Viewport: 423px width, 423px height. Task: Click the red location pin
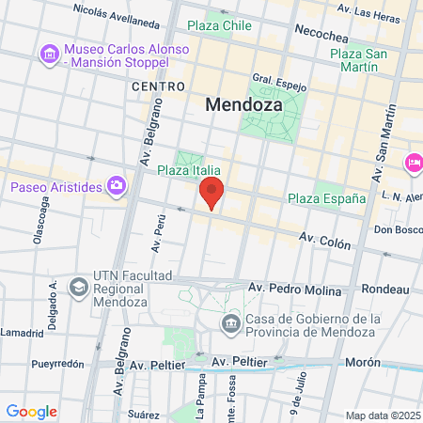tap(211, 193)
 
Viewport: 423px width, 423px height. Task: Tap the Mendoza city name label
tap(243, 106)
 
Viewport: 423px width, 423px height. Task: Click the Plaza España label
tap(326, 198)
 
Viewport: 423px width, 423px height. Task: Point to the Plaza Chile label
tap(219, 25)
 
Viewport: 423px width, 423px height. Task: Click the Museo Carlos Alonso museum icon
tap(49, 55)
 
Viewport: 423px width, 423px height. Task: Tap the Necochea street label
tap(322, 29)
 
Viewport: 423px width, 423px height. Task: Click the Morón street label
tap(362, 361)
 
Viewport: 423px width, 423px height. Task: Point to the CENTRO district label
tap(157, 86)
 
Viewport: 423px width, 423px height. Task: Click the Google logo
tap(31, 412)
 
